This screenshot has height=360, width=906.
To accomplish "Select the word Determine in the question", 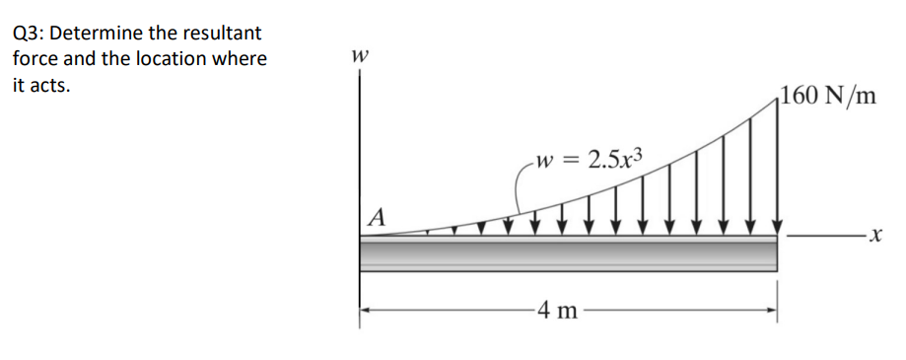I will point(97,32).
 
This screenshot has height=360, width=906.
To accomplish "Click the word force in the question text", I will point(34,58).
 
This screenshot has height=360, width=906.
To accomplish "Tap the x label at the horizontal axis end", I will point(871,237).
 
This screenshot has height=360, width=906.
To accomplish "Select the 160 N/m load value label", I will point(827,95).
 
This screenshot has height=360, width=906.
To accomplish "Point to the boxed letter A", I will point(376,215).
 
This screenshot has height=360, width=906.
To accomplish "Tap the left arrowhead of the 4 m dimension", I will point(366,312).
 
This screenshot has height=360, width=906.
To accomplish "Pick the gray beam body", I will point(568,253).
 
